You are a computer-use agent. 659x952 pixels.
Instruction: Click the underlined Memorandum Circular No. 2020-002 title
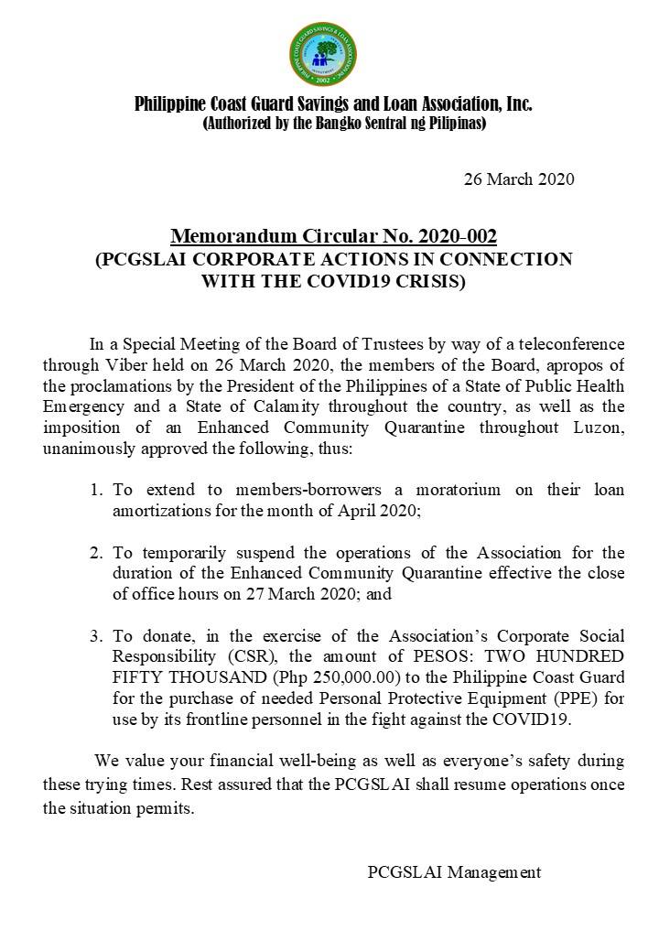pos(333,238)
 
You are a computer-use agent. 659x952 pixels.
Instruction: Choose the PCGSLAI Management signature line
pos(454,872)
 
